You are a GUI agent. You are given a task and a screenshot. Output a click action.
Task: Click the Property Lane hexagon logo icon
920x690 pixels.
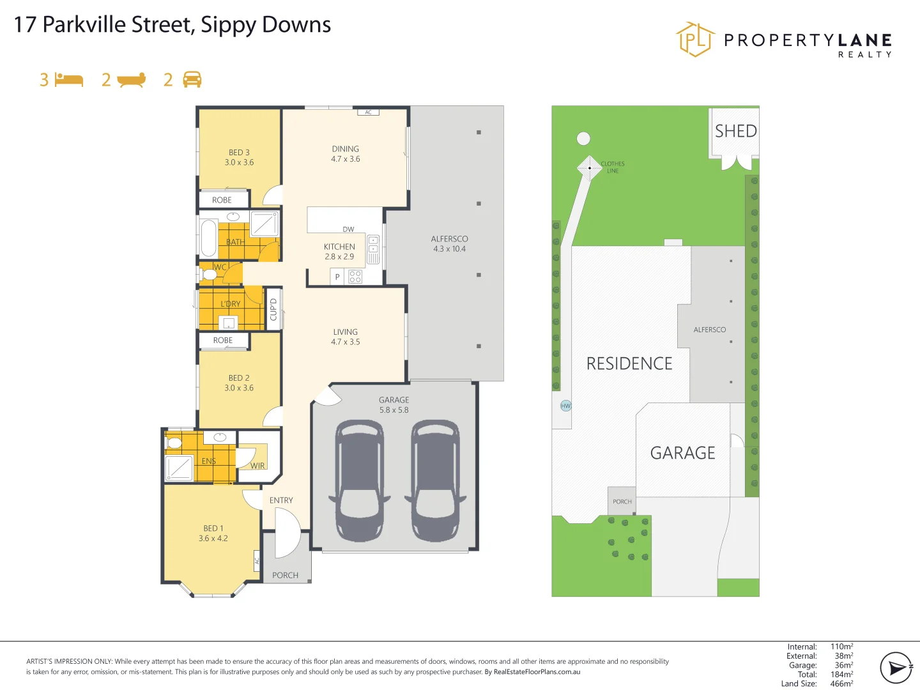(695, 40)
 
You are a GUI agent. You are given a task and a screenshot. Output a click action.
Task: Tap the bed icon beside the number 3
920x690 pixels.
(69, 80)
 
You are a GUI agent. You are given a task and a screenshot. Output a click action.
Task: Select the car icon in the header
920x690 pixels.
(192, 79)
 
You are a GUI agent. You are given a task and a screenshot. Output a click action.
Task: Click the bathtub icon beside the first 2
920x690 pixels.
(132, 80)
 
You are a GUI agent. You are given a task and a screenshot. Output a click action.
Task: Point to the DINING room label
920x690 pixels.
(345, 149)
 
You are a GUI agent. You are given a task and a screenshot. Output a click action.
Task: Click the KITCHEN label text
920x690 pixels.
(339, 247)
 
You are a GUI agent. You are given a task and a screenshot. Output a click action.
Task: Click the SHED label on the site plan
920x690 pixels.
(735, 131)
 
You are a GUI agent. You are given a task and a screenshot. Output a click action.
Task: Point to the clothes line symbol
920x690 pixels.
(589, 168)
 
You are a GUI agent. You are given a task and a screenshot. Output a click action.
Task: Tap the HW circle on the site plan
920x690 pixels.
(565, 406)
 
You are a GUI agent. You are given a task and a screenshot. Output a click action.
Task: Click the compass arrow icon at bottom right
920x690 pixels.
(896, 668)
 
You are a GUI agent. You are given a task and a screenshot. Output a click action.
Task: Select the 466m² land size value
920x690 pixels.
(841, 684)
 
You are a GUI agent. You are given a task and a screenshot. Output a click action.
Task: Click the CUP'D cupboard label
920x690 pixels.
(273, 309)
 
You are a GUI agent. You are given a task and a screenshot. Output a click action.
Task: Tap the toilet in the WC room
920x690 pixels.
(208, 275)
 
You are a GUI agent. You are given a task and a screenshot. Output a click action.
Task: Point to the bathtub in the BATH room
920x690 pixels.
(209, 238)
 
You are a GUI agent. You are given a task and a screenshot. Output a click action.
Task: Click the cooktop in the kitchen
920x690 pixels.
(355, 277)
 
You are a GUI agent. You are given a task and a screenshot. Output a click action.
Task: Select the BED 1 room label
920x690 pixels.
(213, 528)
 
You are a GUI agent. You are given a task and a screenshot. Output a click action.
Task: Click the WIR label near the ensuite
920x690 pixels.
(257, 466)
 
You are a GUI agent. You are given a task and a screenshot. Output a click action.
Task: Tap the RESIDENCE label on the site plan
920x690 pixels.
(629, 364)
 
